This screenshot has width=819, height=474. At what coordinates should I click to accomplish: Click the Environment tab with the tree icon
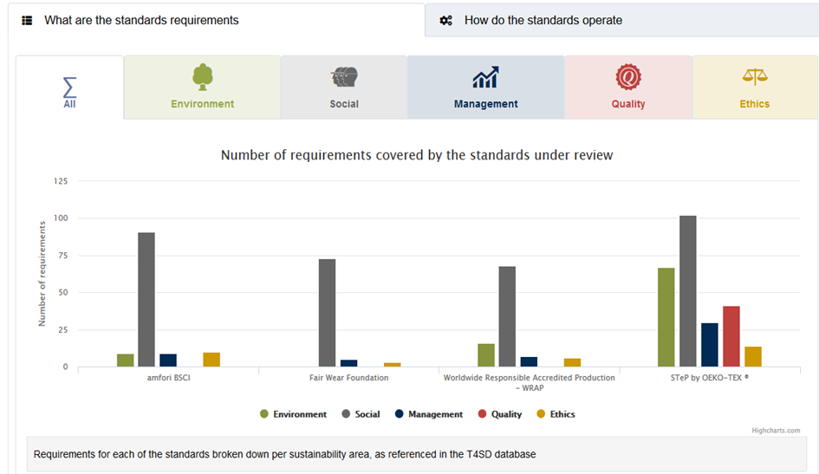click(x=202, y=88)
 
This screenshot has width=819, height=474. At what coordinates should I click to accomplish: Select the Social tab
click(x=344, y=88)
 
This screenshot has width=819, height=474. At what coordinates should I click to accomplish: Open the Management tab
click(x=485, y=88)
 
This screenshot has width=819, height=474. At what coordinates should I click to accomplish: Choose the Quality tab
click(x=628, y=88)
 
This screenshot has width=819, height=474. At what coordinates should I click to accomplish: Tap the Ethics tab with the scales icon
click(x=755, y=88)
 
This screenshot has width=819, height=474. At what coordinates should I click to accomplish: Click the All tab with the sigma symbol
click(x=69, y=88)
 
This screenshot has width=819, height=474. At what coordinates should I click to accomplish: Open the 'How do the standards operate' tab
click(x=621, y=20)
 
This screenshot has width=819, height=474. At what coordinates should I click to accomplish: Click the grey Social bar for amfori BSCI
click(x=146, y=300)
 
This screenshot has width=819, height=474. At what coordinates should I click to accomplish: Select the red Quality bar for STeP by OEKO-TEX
click(x=731, y=336)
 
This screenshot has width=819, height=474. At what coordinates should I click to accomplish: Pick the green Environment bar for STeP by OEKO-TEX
click(x=666, y=317)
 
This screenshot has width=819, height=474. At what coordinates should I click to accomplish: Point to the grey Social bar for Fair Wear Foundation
click(x=327, y=313)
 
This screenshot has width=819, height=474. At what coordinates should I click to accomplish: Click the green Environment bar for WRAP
click(x=486, y=355)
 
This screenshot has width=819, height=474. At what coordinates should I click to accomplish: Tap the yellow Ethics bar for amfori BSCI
click(x=211, y=360)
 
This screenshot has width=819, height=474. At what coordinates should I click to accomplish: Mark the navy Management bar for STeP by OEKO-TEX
click(x=709, y=345)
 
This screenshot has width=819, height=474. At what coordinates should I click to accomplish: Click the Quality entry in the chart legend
click(x=500, y=414)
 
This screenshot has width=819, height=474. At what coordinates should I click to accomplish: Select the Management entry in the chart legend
click(x=429, y=414)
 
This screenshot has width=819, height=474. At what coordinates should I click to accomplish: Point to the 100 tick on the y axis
click(x=61, y=218)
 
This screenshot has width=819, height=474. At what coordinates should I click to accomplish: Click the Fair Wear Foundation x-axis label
click(x=349, y=378)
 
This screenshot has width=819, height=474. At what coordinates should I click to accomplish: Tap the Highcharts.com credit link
click(x=776, y=431)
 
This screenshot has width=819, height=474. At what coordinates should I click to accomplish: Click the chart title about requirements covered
click(x=417, y=155)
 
